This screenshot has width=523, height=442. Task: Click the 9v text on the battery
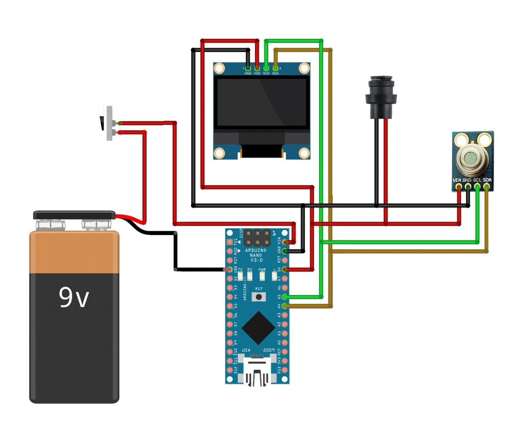click(x=74, y=298)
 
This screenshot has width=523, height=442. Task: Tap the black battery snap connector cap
click(x=74, y=215)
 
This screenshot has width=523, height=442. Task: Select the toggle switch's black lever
click(x=102, y=123)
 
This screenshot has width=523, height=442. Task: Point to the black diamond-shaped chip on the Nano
click(x=258, y=327)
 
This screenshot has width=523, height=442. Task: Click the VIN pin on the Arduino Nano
click(x=285, y=242)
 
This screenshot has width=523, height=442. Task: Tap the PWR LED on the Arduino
click(x=262, y=276)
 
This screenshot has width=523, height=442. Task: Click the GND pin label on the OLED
click(x=248, y=74)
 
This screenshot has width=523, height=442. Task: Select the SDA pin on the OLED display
click(x=275, y=68)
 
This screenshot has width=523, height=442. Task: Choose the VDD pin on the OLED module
click(x=257, y=68)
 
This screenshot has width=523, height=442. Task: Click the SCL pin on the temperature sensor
click(x=477, y=187)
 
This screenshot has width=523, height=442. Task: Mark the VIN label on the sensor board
click(x=457, y=180)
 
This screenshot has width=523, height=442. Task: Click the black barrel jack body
click(x=381, y=96)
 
